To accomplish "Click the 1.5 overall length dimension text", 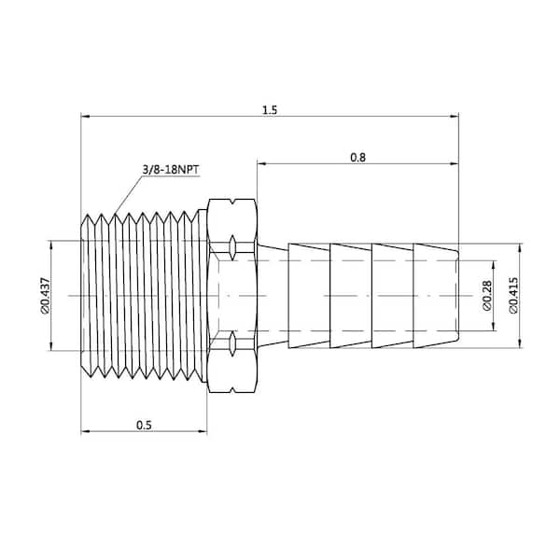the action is point(270,110).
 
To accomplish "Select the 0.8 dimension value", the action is point(357,158).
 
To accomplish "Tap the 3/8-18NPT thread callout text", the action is point(171,170).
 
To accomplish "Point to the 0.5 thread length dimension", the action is point(144,425).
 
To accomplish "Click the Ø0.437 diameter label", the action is point(46,295).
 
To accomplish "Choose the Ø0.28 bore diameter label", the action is point(487,296).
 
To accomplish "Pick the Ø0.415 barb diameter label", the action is point(513,295).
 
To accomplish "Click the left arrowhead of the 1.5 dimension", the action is point(85,116).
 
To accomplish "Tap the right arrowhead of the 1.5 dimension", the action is point(455,116).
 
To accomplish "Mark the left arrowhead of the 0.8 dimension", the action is point(261,163).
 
